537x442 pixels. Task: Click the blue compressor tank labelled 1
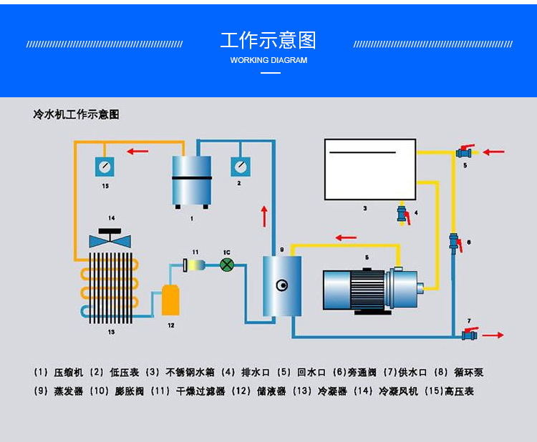[x=191, y=180]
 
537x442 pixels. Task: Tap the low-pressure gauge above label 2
[x=239, y=166]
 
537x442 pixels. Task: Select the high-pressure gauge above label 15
[x=105, y=167]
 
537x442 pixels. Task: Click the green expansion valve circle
[x=227, y=265]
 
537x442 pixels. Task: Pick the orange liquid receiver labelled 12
[x=170, y=300]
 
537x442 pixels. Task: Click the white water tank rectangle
[x=369, y=170]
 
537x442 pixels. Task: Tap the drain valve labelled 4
[x=403, y=214]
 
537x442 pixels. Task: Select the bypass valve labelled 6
[x=453, y=241]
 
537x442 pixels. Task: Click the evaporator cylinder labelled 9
[x=281, y=285]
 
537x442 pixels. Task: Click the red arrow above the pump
[x=347, y=237]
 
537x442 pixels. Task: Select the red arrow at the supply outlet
[x=493, y=335]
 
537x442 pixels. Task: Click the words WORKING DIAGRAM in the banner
[x=268, y=61]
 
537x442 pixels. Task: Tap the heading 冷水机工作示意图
[x=76, y=114]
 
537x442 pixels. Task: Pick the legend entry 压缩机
[x=69, y=373]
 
